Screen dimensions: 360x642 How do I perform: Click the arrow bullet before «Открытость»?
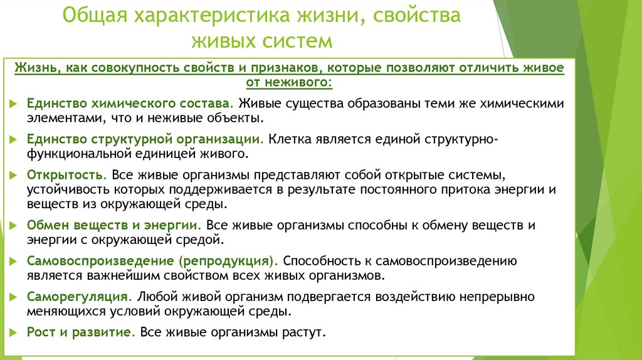click(14, 174)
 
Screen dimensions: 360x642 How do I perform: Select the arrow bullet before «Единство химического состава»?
click(14, 103)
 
